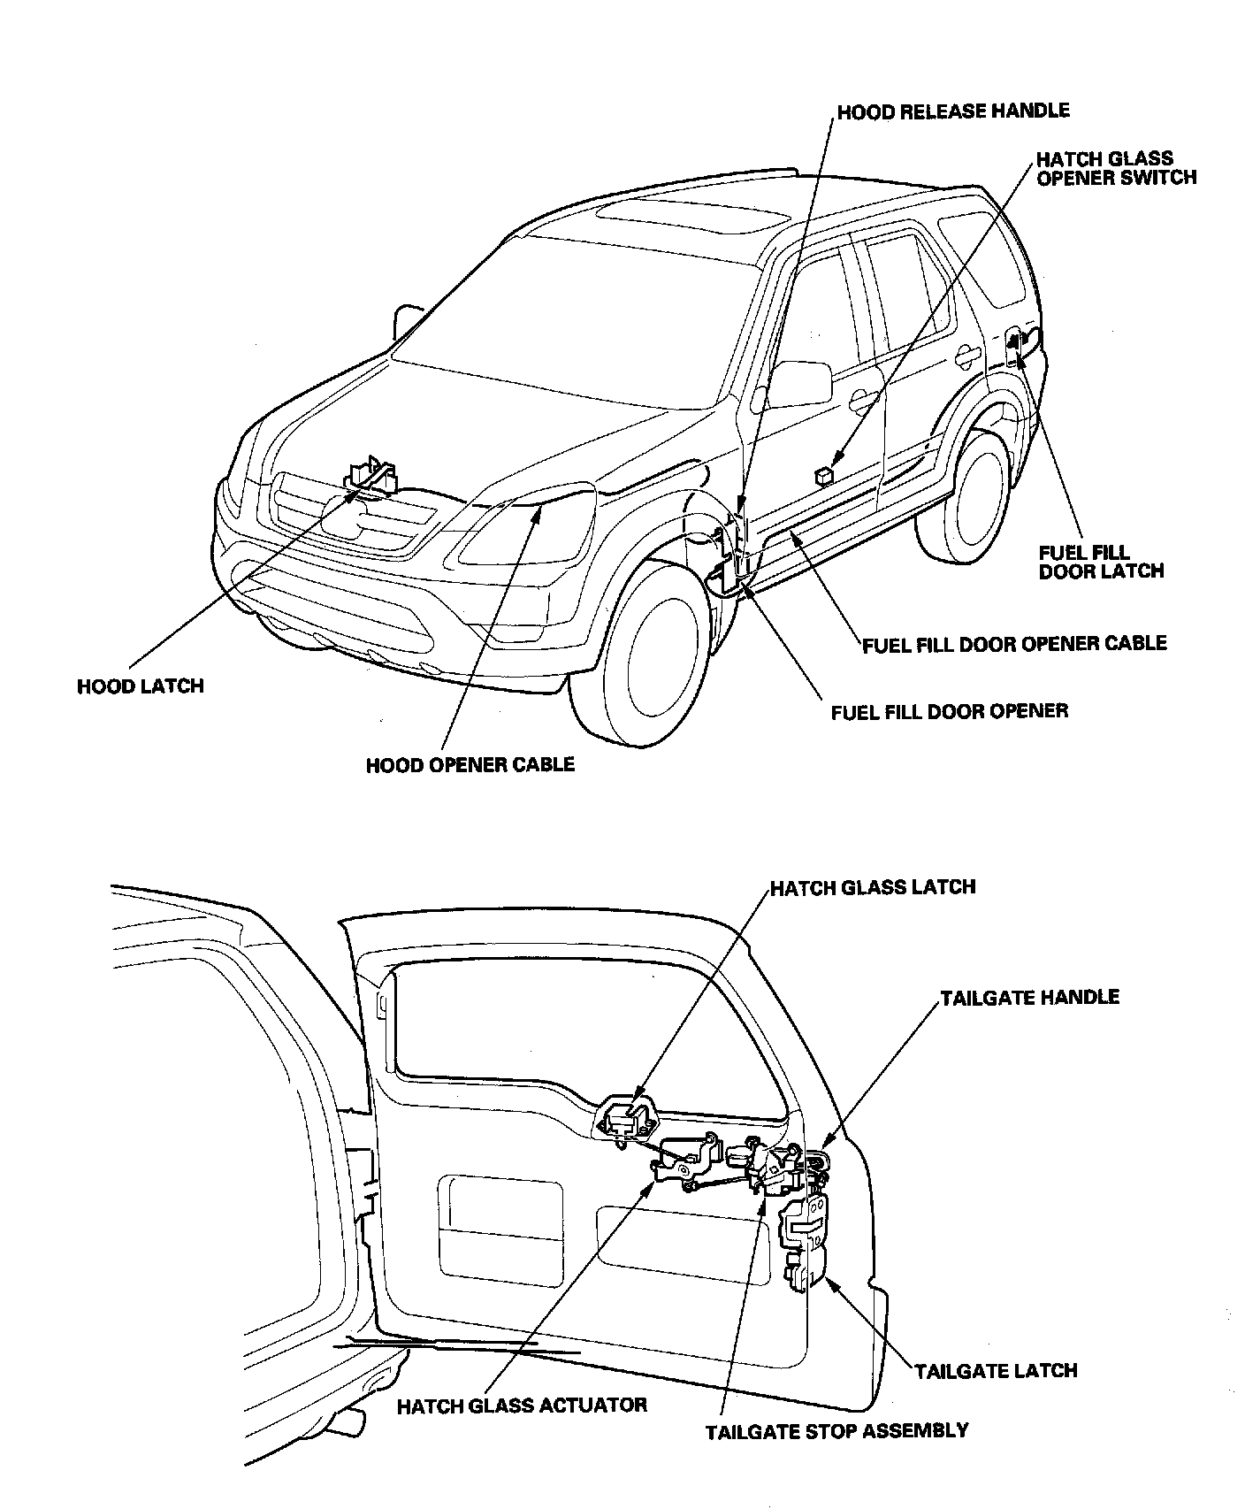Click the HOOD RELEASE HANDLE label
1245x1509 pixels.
coord(952,111)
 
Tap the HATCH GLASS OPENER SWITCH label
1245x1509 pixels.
coord(1115,168)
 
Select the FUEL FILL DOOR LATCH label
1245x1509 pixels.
coord(1100,562)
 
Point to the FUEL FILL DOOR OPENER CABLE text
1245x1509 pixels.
coord(1014,643)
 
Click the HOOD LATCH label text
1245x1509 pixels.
coord(140,686)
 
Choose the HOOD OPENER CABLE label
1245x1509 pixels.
coord(470,764)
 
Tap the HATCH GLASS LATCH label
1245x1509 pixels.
coord(872,887)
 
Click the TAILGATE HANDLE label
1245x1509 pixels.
coord(1029,998)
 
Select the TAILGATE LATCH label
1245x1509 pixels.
coord(995,1371)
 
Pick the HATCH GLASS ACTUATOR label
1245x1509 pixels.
coord(522,1405)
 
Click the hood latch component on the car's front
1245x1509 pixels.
coord(371,478)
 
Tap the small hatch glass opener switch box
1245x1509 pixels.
coord(823,476)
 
